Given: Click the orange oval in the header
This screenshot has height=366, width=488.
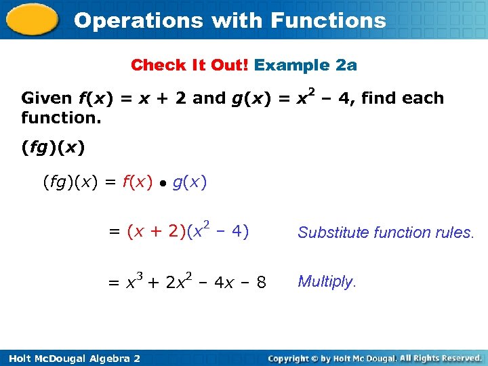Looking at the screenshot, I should (32, 20).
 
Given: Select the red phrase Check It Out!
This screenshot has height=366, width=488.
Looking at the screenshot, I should (190, 65).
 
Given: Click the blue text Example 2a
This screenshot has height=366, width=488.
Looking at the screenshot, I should (306, 65).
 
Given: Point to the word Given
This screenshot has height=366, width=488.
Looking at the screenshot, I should (47, 98).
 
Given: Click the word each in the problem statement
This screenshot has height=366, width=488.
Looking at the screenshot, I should (423, 98).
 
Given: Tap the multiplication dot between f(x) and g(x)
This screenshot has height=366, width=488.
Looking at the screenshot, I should (163, 183).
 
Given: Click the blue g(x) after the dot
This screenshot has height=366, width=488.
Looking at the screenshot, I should (190, 182).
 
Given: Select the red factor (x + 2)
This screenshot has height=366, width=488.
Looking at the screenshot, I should (156, 232).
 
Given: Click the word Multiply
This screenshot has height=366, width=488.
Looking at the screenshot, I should (326, 281).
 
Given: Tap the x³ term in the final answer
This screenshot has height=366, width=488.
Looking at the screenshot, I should (134, 281).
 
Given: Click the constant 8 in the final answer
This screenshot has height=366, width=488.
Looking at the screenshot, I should (261, 282).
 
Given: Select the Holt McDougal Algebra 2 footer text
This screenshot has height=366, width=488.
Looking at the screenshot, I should (71, 358).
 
